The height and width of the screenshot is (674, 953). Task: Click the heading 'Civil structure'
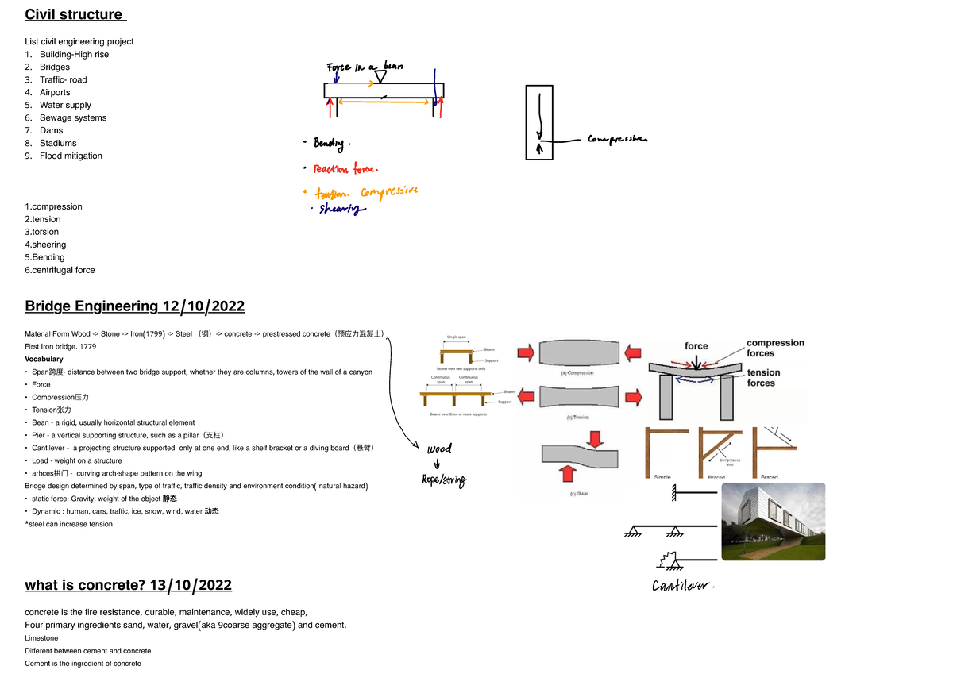click(75, 14)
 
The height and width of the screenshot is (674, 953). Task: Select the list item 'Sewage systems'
click(72, 117)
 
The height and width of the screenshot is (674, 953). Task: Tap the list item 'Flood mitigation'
click(71, 156)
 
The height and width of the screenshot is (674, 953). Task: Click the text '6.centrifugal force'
click(60, 270)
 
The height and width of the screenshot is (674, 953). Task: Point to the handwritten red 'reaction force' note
click(345, 168)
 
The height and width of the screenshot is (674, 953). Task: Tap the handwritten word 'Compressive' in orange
click(389, 192)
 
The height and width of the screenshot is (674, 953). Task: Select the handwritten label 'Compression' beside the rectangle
click(617, 140)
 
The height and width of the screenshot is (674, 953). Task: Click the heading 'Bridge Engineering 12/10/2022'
click(134, 306)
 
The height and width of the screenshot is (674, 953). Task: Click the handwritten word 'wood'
click(438, 449)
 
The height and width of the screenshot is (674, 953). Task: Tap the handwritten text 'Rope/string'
click(444, 480)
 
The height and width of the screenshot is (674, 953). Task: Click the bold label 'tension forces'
click(763, 377)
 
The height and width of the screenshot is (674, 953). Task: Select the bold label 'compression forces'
click(775, 348)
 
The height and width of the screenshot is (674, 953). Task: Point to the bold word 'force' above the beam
click(696, 345)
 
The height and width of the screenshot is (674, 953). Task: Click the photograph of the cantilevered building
click(773, 521)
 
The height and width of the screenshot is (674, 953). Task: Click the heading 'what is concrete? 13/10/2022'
click(128, 585)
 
